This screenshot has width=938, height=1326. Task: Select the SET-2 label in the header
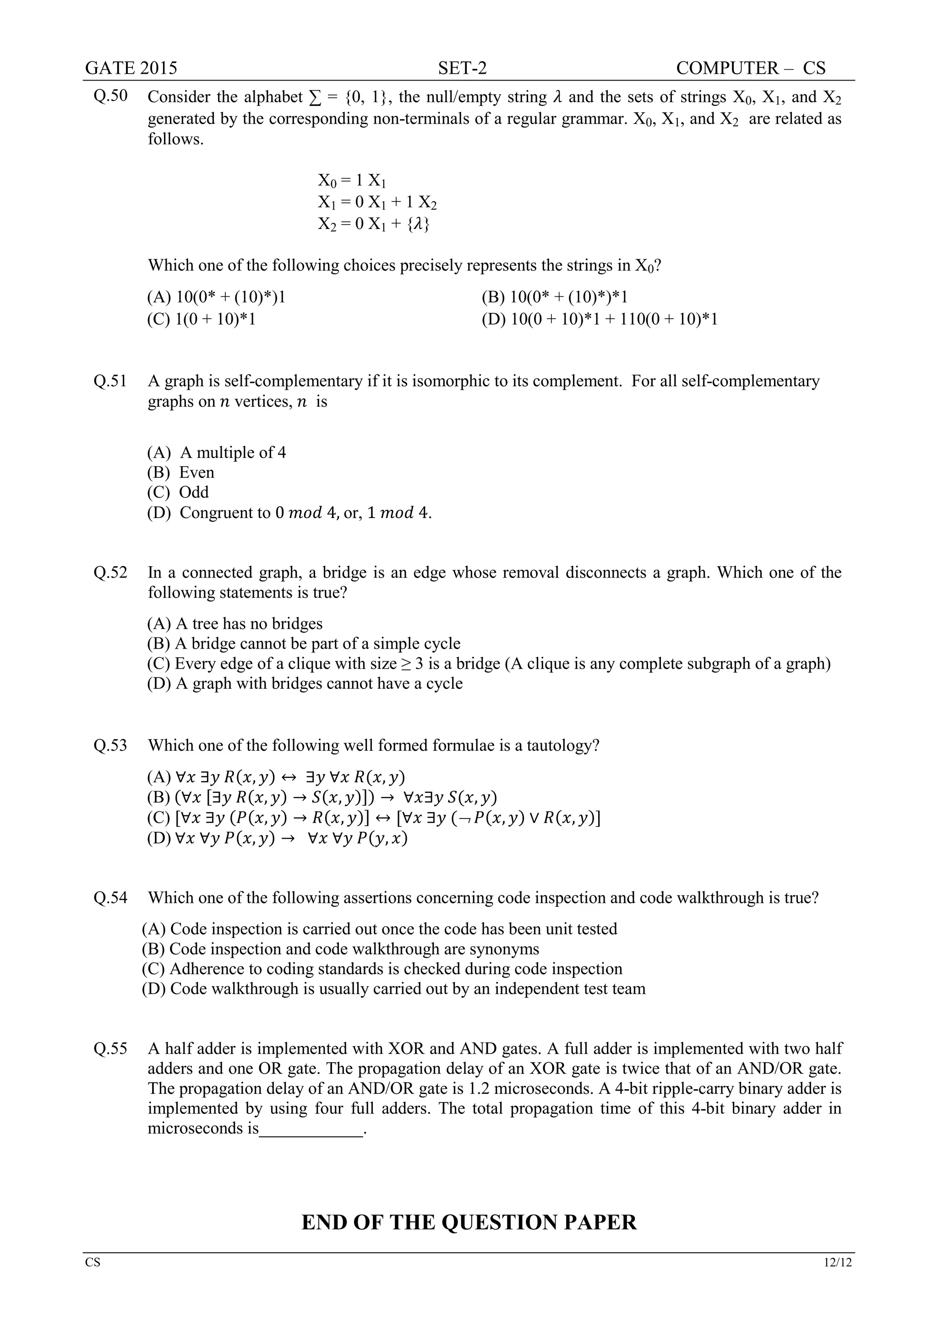(x=462, y=68)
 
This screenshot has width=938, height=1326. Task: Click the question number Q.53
(x=110, y=745)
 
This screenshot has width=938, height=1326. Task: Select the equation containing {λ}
(x=373, y=224)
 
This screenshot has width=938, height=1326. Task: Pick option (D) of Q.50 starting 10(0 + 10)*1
(x=600, y=319)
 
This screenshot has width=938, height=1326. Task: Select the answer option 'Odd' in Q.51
(x=193, y=492)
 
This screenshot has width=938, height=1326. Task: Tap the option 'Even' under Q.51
(x=196, y=472)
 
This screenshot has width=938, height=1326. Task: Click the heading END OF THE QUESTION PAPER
(x=469, y=1222)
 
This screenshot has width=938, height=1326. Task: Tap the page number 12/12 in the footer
(x=838, y=1262)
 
